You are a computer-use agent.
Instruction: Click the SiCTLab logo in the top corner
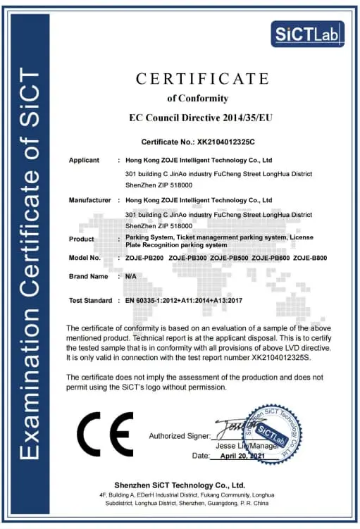(x=307, y=33)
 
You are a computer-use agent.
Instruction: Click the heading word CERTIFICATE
(x=198, y=78)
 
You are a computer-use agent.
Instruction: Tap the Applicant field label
(x=84, y=160)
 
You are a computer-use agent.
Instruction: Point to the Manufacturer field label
(x=89, y=200)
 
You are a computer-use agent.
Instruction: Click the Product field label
(x=82, y=239)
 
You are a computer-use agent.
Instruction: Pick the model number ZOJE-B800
(x=311, y=258)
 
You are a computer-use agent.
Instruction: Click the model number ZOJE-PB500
(x=229, y=258)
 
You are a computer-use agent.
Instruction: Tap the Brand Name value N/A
(x=131, y=277)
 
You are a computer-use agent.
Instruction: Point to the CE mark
(x=104, y=435)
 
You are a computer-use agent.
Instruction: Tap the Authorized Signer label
(x=180, y=436)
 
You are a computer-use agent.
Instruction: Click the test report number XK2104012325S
(x=274, y=358)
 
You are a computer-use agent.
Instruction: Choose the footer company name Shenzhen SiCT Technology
(x=180, y=485)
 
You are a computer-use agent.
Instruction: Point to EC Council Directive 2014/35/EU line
(x=201, y=117)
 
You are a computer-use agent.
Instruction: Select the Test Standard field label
(x=90, y=301)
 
